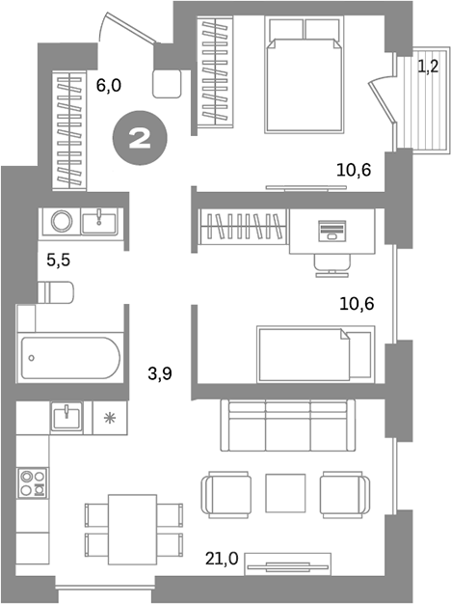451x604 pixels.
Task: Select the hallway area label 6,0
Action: (109, 85)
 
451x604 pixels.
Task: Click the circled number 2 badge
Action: (140, 137)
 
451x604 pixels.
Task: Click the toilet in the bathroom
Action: (56, 290)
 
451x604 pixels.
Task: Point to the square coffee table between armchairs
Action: (284, 492)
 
